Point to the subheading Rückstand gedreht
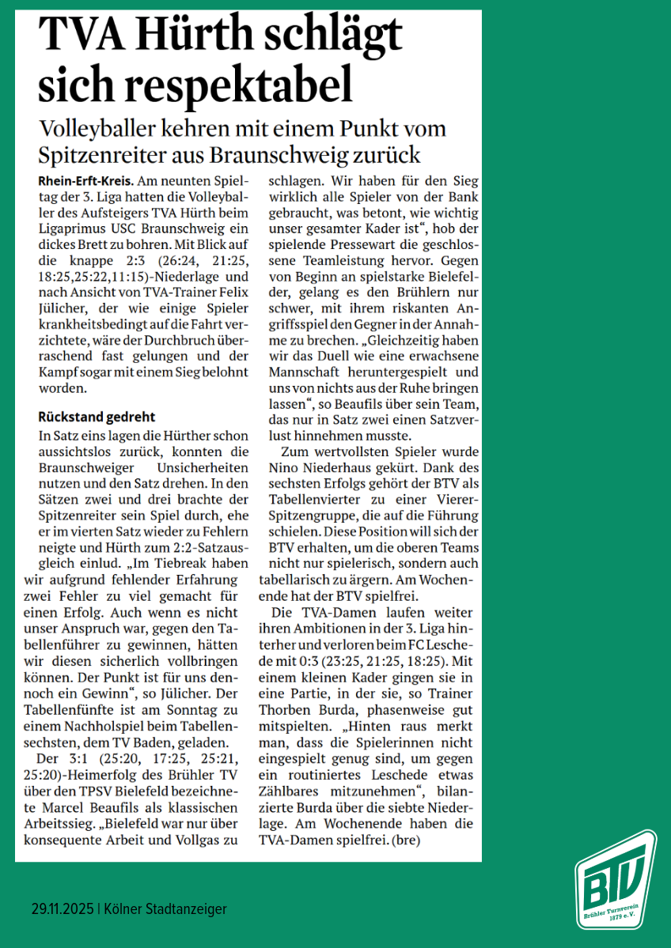click(97, 417)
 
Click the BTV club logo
click(615, 879)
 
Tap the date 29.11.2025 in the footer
click(62, 909)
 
